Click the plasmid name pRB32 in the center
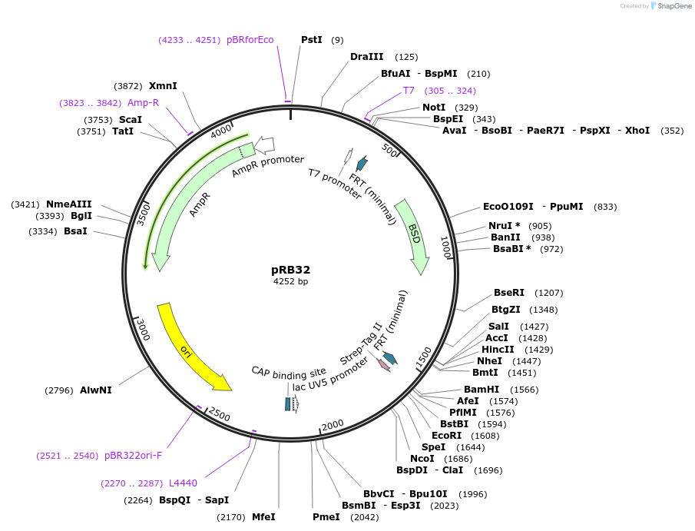290,270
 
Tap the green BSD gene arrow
413,234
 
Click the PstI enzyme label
311,39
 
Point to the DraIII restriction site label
366,57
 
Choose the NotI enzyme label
434,108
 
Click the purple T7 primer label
409,91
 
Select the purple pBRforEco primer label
250,40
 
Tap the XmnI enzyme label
163,86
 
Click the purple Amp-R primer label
143,102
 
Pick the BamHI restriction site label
482,390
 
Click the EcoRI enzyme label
446,435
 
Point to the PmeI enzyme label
326,517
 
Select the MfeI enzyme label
263,517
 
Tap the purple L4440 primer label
183,483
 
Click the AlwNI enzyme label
96,390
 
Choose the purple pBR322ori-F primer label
133,456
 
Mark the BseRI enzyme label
508,293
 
